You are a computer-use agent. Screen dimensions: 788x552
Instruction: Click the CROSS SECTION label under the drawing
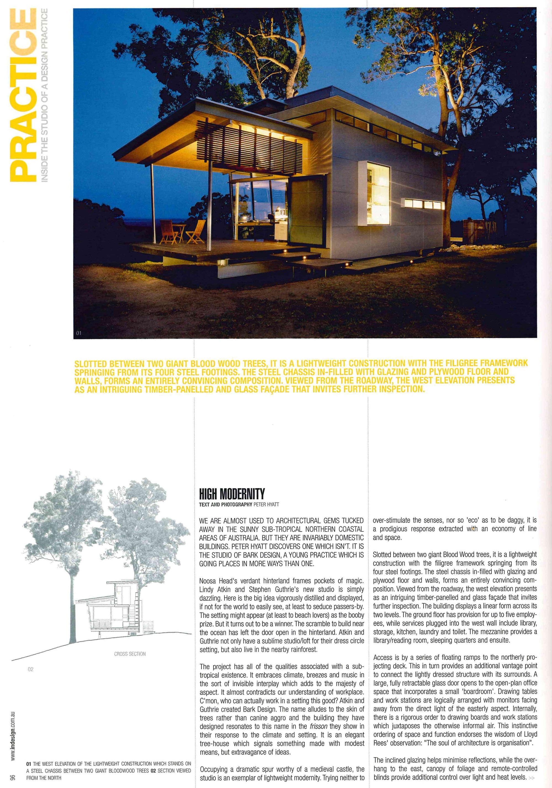pyautogui.click(x=130, y=654)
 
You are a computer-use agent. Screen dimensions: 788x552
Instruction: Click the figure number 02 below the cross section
pyautogui.click(x=31, y=669)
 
